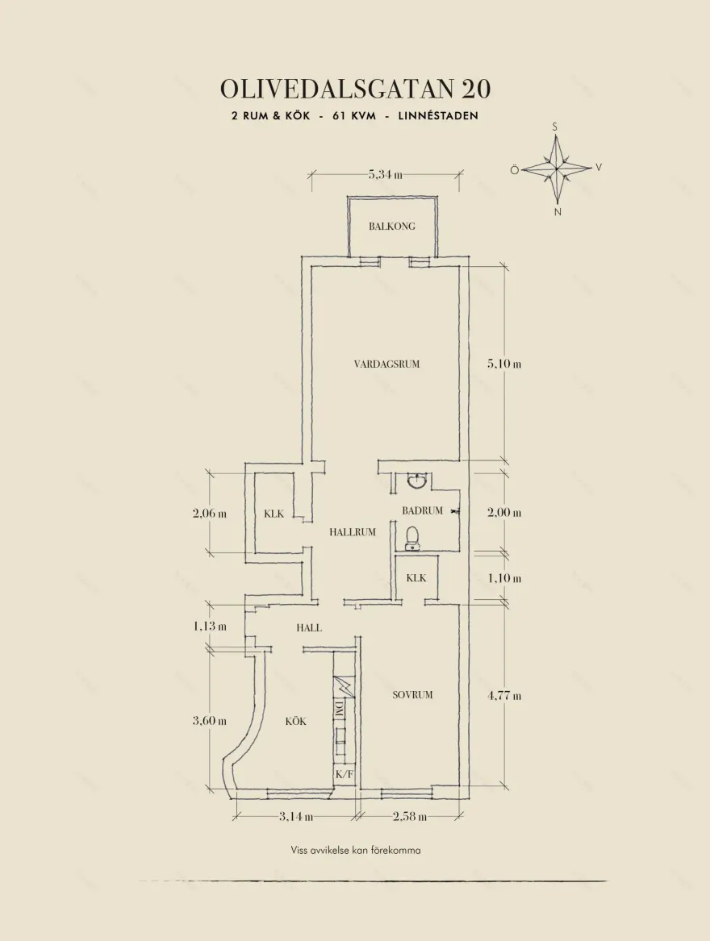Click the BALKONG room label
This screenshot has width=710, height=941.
coord(391,227)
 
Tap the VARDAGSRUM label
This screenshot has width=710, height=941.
coord(386,364)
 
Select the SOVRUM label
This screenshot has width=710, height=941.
coord(412,695)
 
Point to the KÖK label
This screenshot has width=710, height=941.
coord(295,721)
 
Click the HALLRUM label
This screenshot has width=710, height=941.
coord(352,531)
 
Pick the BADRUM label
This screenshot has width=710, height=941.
coord(422,510)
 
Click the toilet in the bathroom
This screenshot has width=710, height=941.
coord(412,539)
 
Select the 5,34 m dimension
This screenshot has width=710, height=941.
coord(386,175)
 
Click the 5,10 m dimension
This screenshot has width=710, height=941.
coord(504,364)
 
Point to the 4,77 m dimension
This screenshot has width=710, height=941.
coord(504,696)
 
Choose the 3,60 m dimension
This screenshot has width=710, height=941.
coord(210,721)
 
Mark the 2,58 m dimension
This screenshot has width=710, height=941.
coord(410,816)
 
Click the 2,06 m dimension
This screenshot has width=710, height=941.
coord(210,514)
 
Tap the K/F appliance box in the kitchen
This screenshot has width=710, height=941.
coord(345,774)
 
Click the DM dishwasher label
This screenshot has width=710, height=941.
coord(339,708)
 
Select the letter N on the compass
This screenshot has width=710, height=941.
coord(558,212)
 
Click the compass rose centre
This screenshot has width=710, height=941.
coord(557,169)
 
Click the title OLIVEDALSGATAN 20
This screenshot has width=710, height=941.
coord(355,89)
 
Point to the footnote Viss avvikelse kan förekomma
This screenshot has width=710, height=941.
coord(356,851)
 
